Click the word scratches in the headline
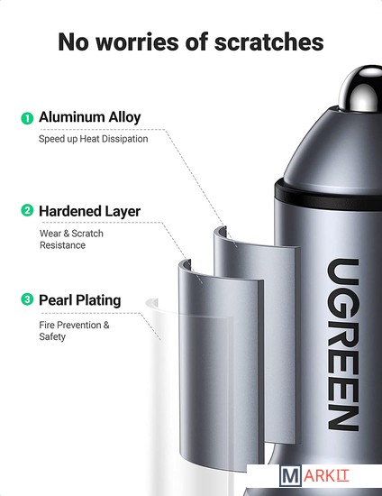point(268,41)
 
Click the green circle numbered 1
point(27,118)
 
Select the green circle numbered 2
point(27,210)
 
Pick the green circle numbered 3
point(27,299)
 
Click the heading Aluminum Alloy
point(90,117)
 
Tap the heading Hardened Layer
point(90,211)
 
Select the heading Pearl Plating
point(80,300)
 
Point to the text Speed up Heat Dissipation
point(93,139)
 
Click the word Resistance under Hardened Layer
point(62,245)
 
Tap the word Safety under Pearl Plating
point(52,336)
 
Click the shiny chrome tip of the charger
point(361,89)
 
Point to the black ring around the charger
point(328,197)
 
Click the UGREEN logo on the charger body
point(343,344)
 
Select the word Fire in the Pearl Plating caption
point(47,325)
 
